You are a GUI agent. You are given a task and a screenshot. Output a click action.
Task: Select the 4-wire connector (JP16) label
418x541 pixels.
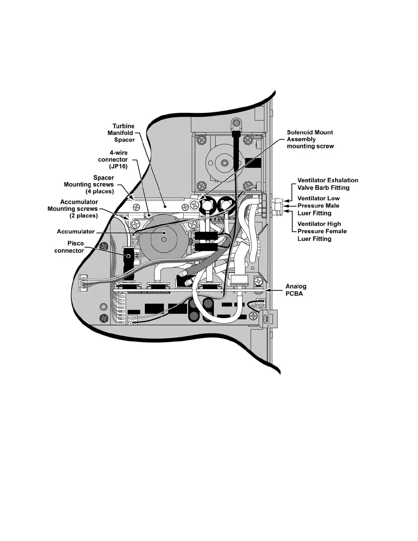(113, 159)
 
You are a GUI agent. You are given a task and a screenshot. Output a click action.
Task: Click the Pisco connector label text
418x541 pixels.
(69, 247)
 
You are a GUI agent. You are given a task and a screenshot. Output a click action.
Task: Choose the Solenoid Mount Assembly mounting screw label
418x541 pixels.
(310, 139)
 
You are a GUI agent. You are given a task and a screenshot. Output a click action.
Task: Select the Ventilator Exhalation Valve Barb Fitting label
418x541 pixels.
(328, 184)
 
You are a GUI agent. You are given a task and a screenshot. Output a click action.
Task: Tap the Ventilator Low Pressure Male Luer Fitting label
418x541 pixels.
(318, 206)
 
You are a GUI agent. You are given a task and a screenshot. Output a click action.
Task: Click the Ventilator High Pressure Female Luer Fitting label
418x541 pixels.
(322, 231)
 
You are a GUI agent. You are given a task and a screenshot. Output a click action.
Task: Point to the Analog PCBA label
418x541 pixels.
(296, 290)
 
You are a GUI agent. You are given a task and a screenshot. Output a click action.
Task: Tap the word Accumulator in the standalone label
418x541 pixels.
(76, 232)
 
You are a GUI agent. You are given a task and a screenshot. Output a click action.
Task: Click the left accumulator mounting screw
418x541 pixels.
(136, 224)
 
